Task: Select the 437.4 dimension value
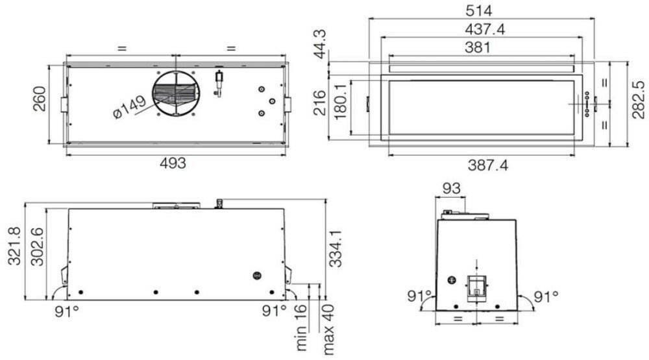(485, 29)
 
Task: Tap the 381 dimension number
(477, 47)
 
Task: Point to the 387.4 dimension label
(487, 165)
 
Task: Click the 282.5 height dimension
(639, 99)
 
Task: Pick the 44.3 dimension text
(320, 44)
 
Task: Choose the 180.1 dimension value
(340, 101)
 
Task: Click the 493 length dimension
(173, 163)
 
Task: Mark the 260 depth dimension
(40, 99)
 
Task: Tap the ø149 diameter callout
(129, 107)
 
